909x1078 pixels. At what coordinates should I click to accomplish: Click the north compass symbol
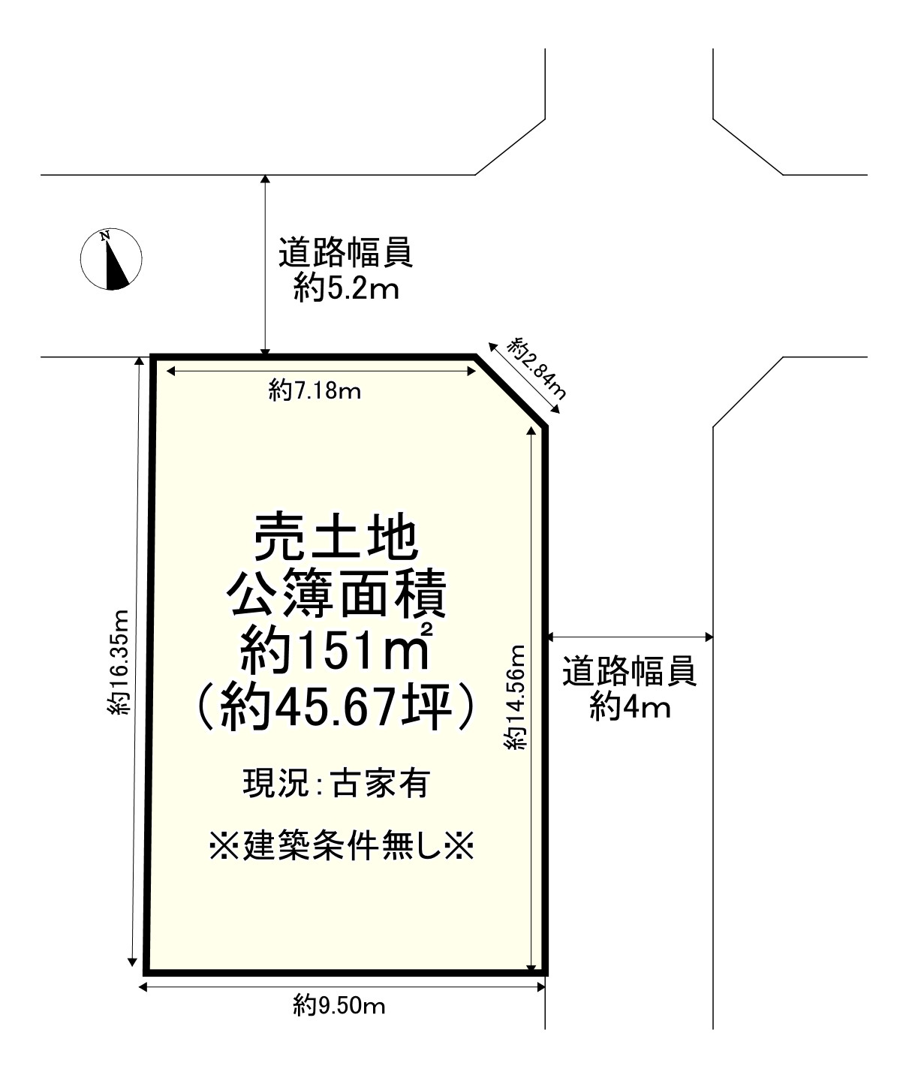(111, 258)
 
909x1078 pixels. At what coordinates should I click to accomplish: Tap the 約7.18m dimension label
(315, 390)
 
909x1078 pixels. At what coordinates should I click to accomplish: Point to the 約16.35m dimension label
(119, 661)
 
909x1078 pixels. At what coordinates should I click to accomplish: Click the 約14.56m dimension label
(516, 697)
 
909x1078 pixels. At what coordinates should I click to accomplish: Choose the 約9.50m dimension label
(339, 1004)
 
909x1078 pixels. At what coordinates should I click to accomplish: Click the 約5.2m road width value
(346, 288)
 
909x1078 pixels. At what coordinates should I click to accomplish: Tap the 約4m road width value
(630, 706)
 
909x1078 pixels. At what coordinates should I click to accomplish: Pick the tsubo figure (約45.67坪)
(335, 706)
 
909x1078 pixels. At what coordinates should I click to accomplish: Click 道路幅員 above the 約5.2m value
(345, 253)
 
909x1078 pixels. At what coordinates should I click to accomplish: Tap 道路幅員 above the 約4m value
(630, 671)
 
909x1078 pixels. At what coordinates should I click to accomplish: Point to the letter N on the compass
(106, 236)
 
